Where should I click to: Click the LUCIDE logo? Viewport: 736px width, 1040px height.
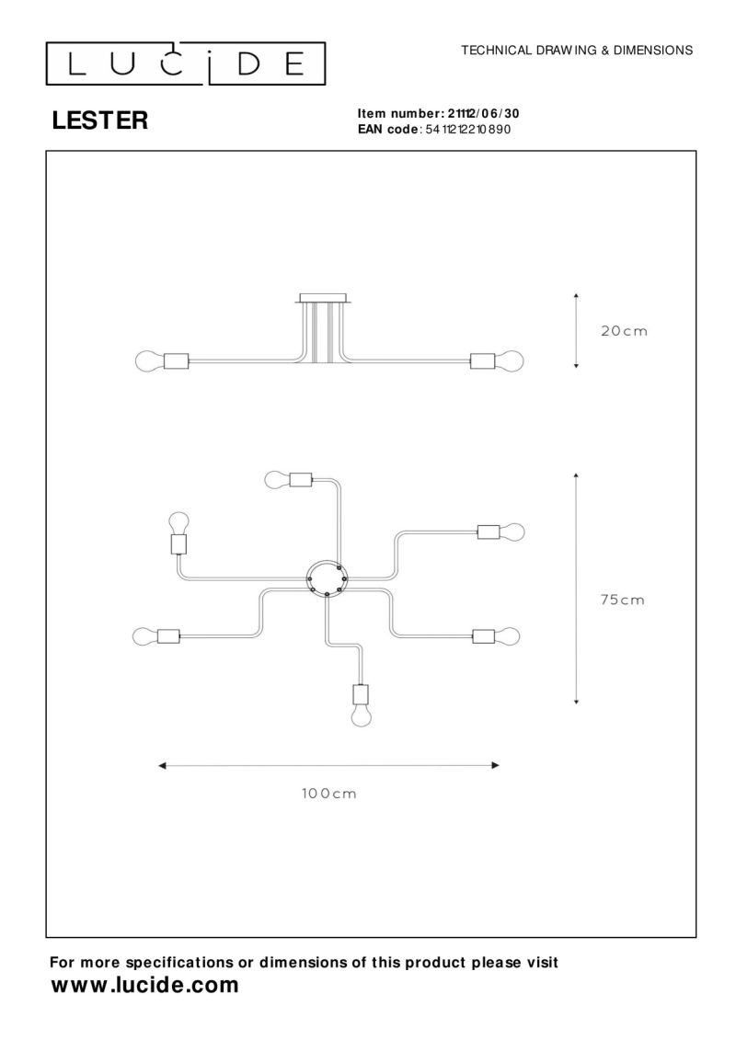tap(185, 63)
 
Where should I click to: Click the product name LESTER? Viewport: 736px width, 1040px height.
tap(100, 120)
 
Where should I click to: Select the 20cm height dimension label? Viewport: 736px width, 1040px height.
tap(624, 331)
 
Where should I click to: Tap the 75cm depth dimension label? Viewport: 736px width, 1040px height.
tap(623, 600)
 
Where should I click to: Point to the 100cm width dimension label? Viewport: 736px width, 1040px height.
tap(329, 794)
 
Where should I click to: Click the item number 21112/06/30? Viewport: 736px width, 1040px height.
tap(484, 113)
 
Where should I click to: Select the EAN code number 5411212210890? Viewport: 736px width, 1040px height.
tap(468, 130)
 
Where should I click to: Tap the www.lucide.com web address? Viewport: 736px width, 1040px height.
tap(144, 985)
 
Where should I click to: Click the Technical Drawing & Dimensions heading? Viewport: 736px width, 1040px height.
tap(577, 50)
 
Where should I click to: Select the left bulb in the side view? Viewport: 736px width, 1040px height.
tap(149, 361)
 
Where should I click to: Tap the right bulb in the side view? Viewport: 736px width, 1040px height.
tap(509, 361)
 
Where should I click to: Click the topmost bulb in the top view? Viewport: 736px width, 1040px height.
tap(277, 479)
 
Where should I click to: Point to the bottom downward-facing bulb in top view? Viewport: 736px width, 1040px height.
tap(361, 716)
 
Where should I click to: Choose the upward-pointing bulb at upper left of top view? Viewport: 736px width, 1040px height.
tap(178, 522)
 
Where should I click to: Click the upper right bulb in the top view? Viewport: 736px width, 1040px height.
tap(512, 531)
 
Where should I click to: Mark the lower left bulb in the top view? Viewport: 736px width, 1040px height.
tap(145, 636)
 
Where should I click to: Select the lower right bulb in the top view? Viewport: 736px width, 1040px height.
tap(508, 636)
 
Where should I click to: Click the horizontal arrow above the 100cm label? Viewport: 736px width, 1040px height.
tap(328, 765)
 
